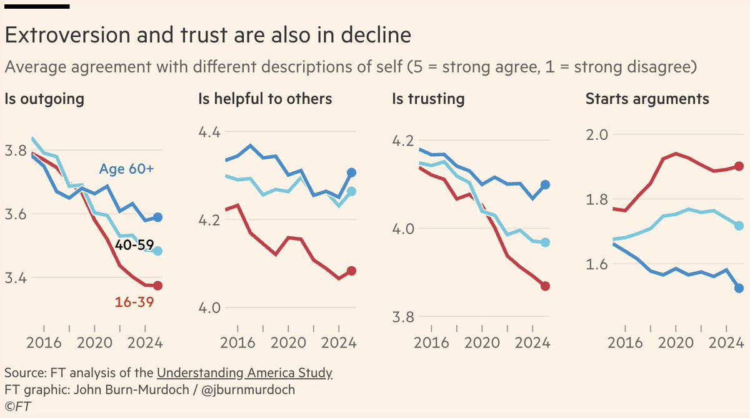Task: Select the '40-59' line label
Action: pyautogui.click(x=134, y=246)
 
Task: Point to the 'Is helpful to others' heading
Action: pyautogui.click(x=265, y=99)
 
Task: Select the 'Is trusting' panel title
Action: pyautogui.click(x=428, y=99)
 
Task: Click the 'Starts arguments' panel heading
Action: pyautogui.click(x=647, y=99)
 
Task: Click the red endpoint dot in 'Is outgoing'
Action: pyautogui.click(x=157, y=286)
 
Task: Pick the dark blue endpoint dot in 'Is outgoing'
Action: pyautogui.click(x=157, y=217)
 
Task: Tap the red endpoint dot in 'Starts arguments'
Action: pyautogui.click(x=739, y=166)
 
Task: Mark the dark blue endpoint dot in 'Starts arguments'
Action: pyautogui.click(x=739, y=288)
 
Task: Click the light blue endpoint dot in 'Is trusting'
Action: pyautogui.click(x=545, y=242)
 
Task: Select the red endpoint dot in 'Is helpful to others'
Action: pyautogui.click(x=351, y=271)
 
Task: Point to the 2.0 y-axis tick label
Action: pyautogui.click(x=597, y=134)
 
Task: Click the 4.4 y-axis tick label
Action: pyautogui.click(x=210, y=132)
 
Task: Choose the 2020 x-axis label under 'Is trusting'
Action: pyautogui.click(x=481, y=343)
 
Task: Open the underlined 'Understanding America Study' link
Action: pyautogui.click(x=244, y=374)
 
